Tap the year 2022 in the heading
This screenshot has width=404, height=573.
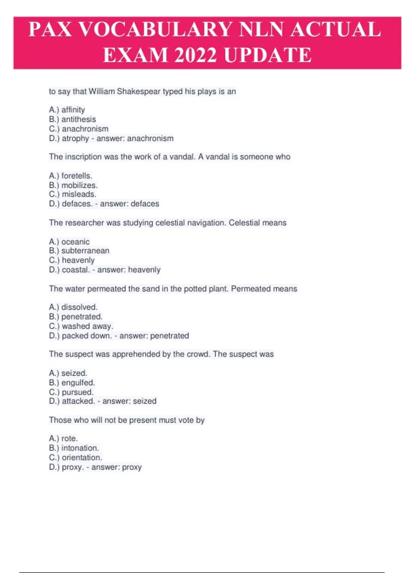tap(195, 55)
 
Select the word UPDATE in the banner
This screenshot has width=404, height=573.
tap(268, 55)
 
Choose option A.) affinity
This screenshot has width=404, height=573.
tap(67, 110)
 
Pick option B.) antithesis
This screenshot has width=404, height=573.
tap(72, 119)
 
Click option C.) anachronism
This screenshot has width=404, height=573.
tap(79, 129)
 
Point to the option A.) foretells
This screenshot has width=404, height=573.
tap(70, 176)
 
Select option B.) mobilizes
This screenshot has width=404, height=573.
tap(73, 185)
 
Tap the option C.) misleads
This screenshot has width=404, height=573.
tap(72, 194)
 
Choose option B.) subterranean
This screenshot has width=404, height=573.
tap(79, 250)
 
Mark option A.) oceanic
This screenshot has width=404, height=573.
tap(69, 242)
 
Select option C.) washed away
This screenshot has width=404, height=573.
tap(81, 326)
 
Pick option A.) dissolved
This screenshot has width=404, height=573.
tap(73, 307)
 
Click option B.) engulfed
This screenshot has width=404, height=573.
tap(72, 383)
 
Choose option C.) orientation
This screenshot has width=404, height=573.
tap(75, 457)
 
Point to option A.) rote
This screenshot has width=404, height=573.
tap(63, 439)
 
